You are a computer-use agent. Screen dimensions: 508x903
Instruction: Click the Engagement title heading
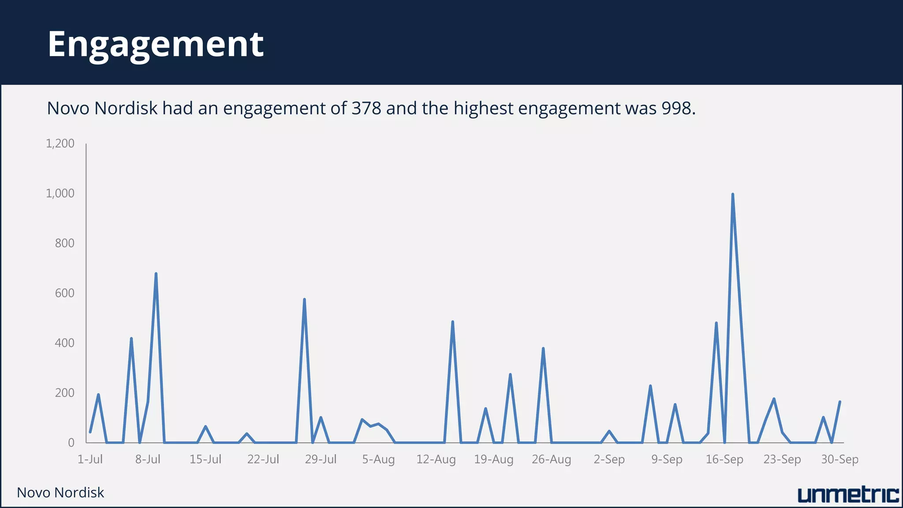pos(155,44)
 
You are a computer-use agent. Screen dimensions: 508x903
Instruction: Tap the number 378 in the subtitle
pos(366,108)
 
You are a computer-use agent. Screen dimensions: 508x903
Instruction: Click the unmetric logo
pos(848,495)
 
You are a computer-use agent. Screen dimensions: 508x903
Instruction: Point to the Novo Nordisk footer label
pos(60,493)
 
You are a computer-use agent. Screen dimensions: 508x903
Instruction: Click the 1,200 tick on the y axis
pos(60,143)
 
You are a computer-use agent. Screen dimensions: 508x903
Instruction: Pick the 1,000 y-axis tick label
pos(60,193)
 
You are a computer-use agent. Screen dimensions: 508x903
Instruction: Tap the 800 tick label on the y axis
pos(64,243)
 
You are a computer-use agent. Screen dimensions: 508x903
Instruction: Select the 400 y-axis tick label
pos(64,343)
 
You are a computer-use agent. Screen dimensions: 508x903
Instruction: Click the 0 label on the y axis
pos(71,443)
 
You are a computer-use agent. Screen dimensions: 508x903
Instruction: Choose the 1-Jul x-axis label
pos(90,459)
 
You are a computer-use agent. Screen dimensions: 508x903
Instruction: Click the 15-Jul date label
pos(205,459)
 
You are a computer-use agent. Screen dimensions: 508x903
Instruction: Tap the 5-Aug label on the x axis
pos(378,459)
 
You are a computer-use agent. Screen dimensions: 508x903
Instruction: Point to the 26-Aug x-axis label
pos(551,459)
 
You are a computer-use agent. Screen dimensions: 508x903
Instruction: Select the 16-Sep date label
pos(724,459)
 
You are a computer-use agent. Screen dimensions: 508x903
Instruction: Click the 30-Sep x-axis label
pos(840,459)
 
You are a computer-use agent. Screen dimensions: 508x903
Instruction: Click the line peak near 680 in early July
pos(156,274)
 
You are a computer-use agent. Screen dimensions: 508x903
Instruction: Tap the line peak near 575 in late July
pos(304,299)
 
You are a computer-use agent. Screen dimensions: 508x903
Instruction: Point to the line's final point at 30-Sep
pos(840,402)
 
